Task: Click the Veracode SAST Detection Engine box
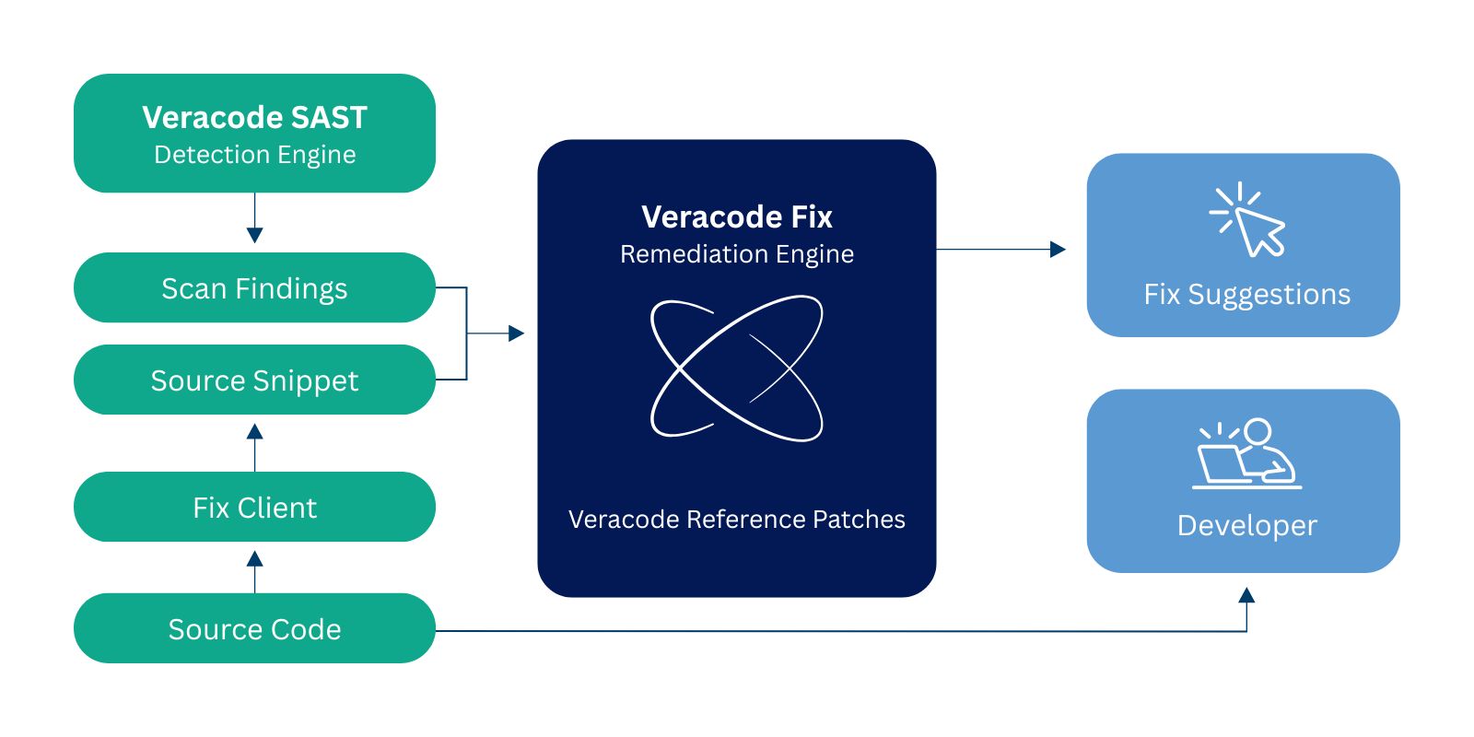pyautogui.click(x=254, y=134)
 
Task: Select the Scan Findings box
pyautogui.click(x=254, y=288)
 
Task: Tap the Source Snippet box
pyautogui.click(x=254, y=380)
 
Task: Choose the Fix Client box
pyautogui.click(x=254, y=508)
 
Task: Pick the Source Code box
pyautogui.click(x=254, y=629)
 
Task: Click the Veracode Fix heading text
pyautogui.click(x=737, y=217)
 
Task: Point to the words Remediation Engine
pyautogui.click(x=737, y=254)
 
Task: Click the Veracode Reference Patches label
pyautogui.click(x=737, y=520)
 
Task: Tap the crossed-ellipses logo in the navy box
pyautogui.click(x=737, y=368)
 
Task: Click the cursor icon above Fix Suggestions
pyautogui.click(x=1249, y=220)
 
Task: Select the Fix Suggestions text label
pyautogui.click(x=1246, y=295)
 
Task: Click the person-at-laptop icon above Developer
pyautogui.click(x=1247, y=453)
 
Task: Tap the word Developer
pyautogui.click(x=1247, y=526)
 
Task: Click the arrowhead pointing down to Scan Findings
pyautogui.click(x=255, y=235)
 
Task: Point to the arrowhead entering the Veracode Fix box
pyautogui.click(x=516, y=333)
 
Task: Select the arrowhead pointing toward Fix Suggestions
pyautogui.click(x=1058, y=249)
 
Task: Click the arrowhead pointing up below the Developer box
pyautogui.click(x=1246, y=595)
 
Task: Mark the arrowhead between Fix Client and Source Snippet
pyautogui.click(x=255, y=431)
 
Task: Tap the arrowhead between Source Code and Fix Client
pyautogui.click(x=255, y=558)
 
